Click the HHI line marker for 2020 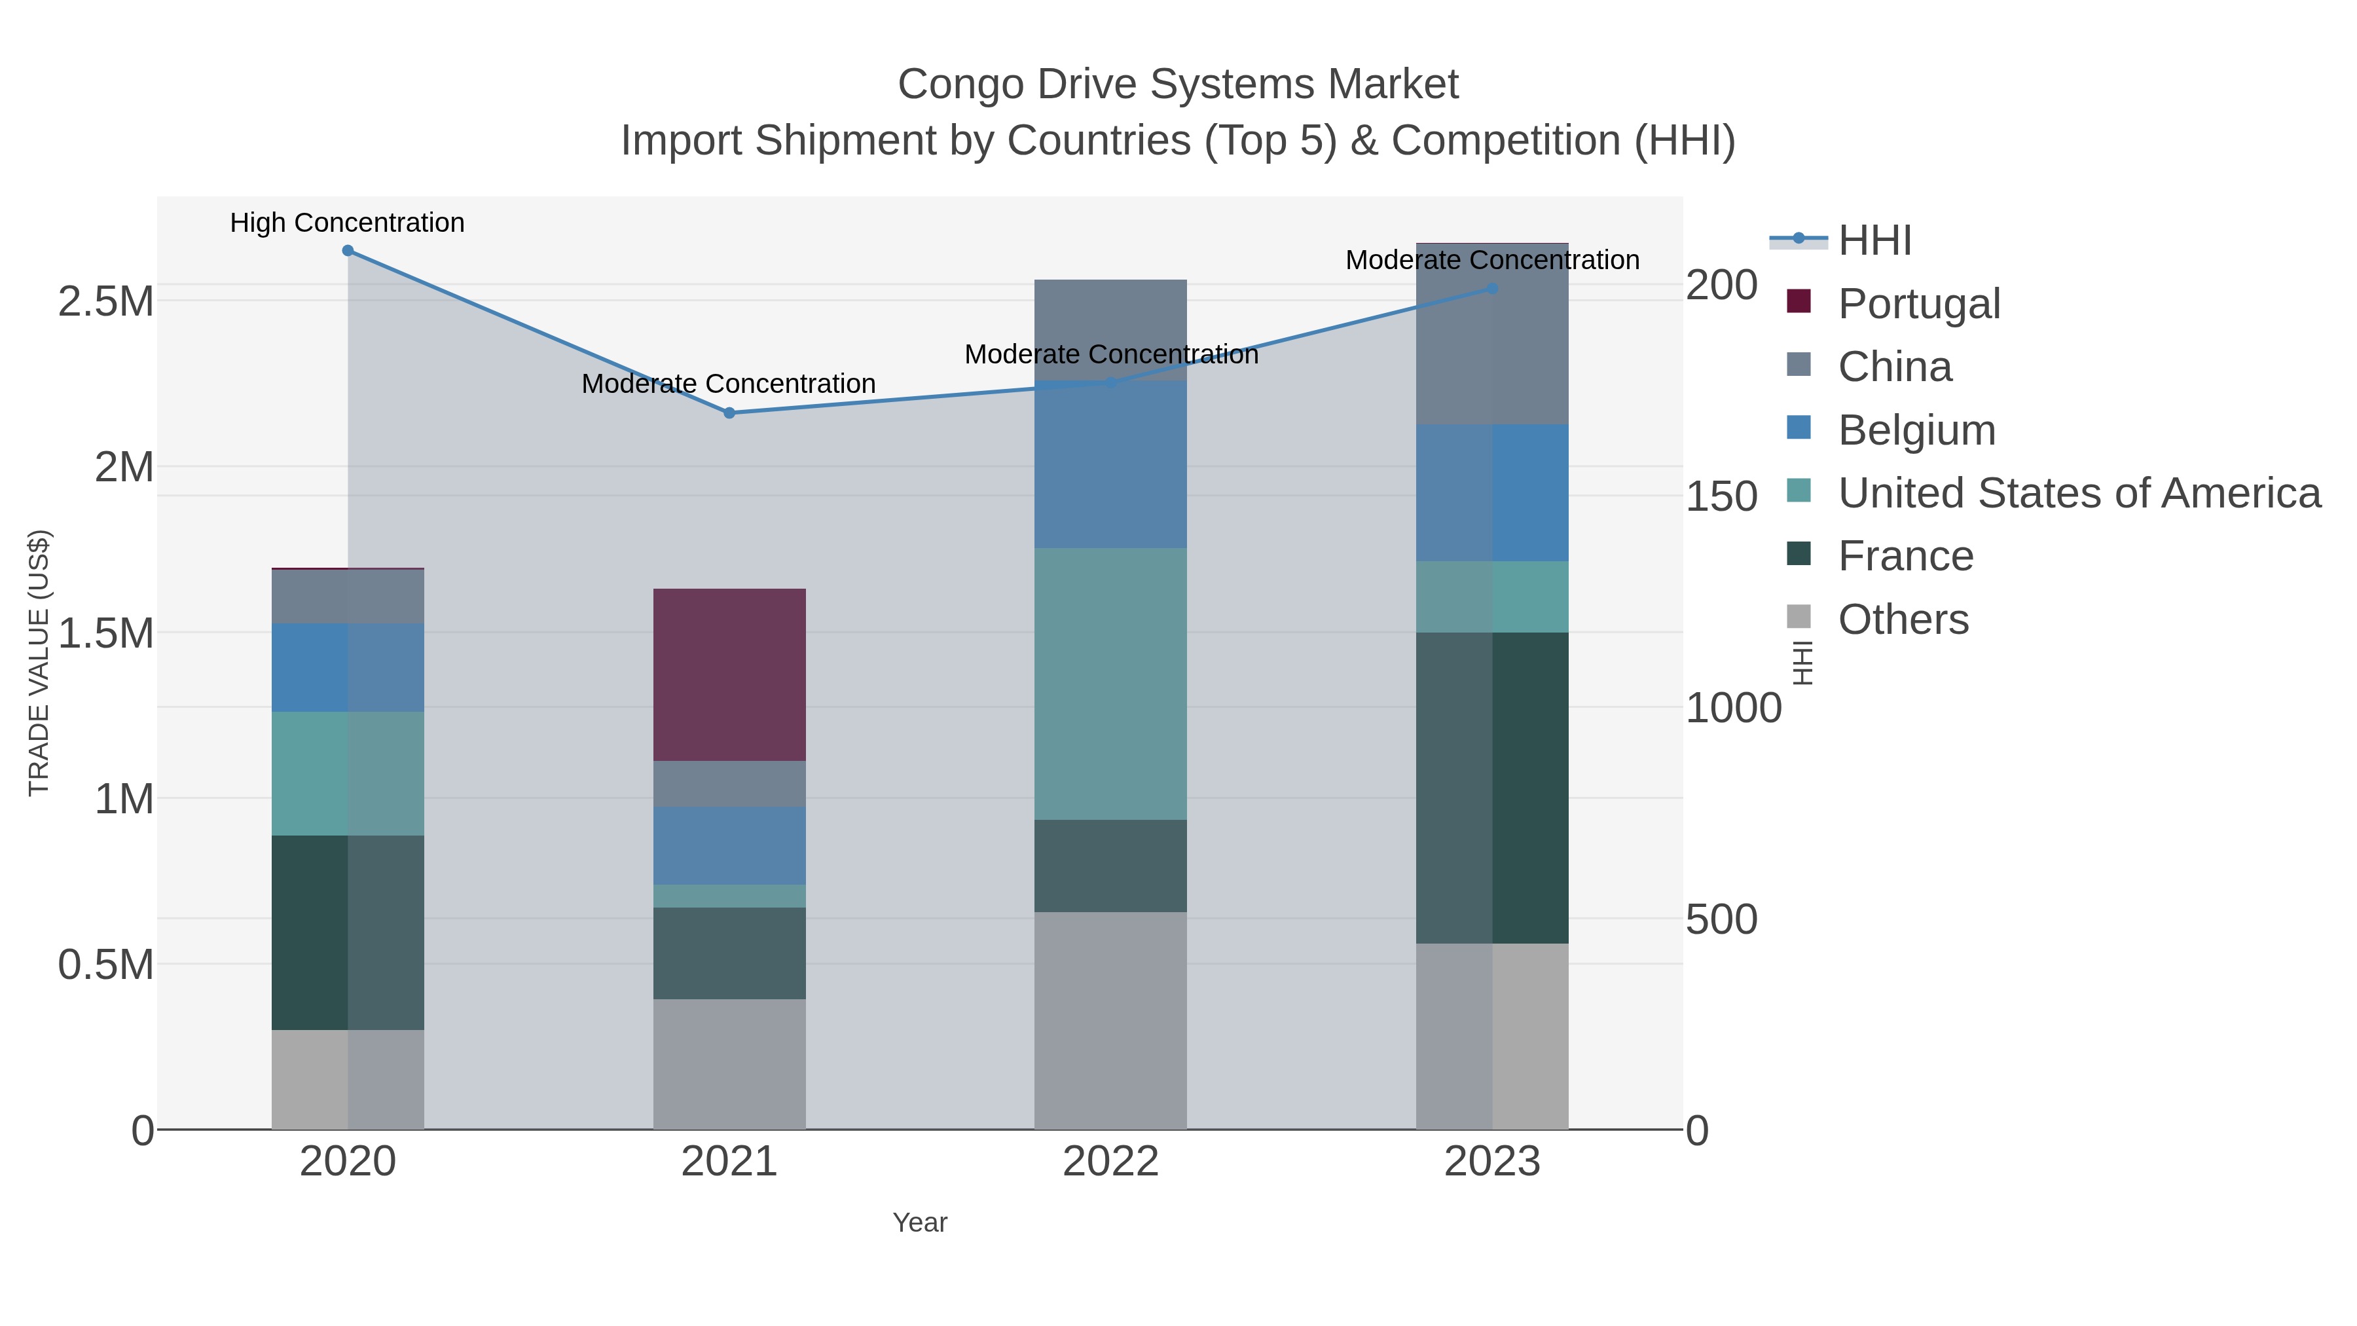[348, 251]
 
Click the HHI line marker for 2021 [729, 413]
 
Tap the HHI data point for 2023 [1492, 289]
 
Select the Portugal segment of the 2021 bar [729, 674]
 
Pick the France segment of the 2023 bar [1492, 787]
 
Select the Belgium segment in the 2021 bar [729, 845]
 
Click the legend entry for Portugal [1919, 304]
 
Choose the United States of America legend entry [2079, 493]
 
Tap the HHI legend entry [1875, 241]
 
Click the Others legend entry [1903, 619]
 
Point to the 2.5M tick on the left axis [105, 302]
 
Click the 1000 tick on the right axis [1733, 709]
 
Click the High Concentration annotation [347, 223]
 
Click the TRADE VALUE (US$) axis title [39, 663]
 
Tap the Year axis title [920, 1223]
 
